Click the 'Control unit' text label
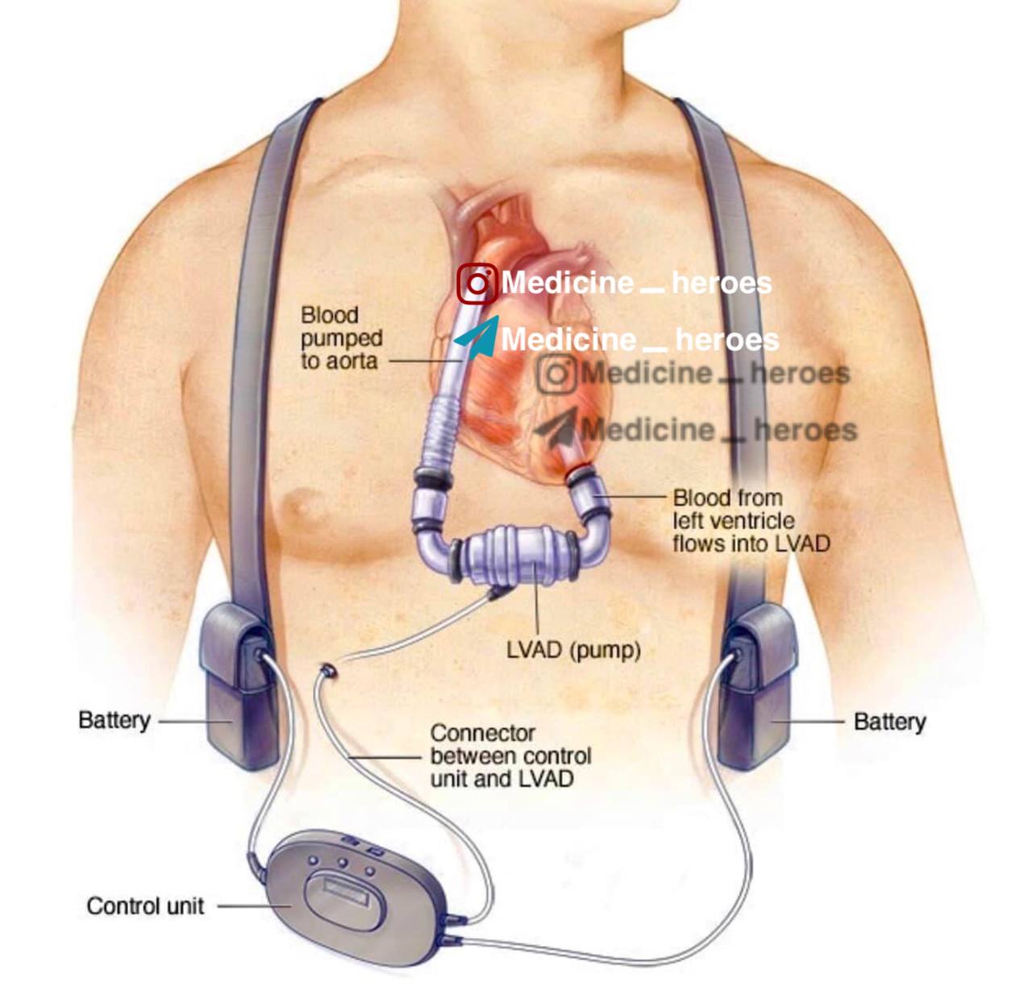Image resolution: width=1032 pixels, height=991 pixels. (x=145, y=906)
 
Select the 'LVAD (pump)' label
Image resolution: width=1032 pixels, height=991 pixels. (x=573, y=650)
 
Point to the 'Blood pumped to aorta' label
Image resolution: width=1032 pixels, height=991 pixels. (x=341, y=338)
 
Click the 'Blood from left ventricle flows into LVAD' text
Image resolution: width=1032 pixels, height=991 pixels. (x=751, y=521)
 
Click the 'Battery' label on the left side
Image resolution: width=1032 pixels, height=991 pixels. (x=114, y=720)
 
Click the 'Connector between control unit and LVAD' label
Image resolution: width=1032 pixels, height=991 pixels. (x=510, y=756)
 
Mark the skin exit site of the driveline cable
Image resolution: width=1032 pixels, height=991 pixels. (x=327, y=669)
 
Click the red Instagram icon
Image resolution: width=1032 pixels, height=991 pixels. (x=477, y=284)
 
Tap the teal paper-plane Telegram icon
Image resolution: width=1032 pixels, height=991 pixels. (x=478, y=338)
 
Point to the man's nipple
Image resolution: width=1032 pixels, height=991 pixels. (x=304, y=506)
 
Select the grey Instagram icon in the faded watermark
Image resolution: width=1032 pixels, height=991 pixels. (x=557, y=374)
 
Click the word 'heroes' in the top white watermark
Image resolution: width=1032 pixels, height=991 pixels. (x=721, y=283)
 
